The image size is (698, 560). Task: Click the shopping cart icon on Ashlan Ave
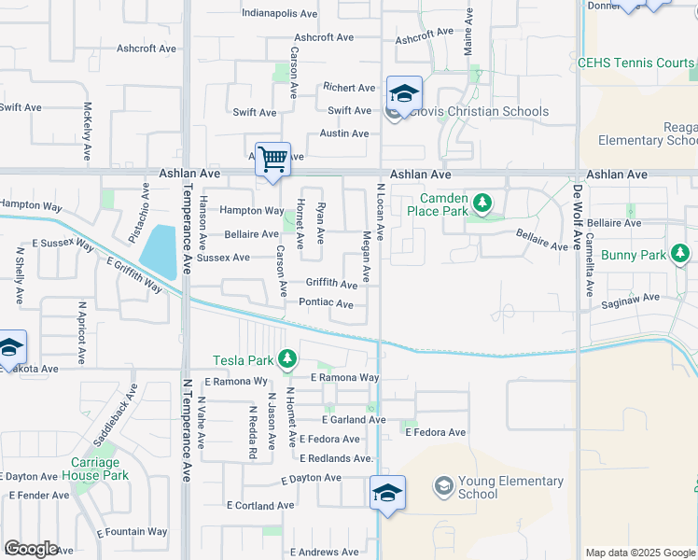pyautogui.click(x=272, y=160)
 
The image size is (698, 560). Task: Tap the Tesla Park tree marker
pyautogui.click(x=288, y=358)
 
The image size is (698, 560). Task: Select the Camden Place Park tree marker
pyautogui.click(x=482, y=202)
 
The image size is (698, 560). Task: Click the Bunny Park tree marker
pyautogui.click(x=680, y=254)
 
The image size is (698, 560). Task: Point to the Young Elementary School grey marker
pyautogui.click(x=442, y=486)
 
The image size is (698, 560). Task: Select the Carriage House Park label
pyautogui.click(x=97, y=469)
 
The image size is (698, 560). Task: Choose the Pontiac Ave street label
pyautogui.click(x=326, y=304)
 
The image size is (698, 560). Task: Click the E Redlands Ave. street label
pyautogui.click(x=336, y=458)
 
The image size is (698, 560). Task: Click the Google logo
pyautogui.click(x=31, y=549)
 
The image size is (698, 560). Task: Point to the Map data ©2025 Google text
pyautogui.click(x=639, y=553)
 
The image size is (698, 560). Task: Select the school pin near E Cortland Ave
pyautogui.click(x=386, y=494)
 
